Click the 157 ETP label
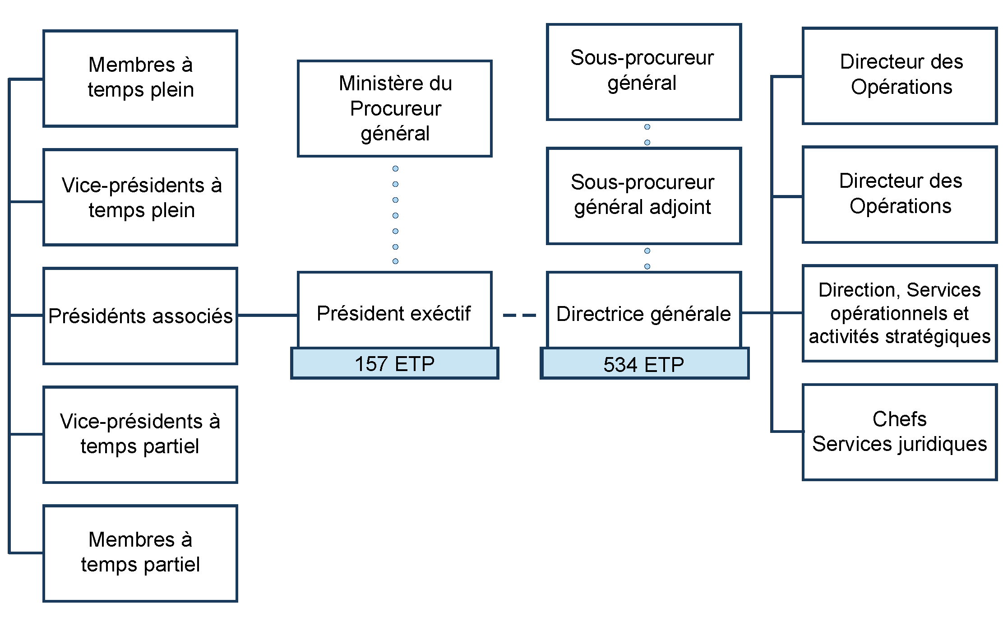(x=394, y=363)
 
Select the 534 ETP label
(x=644, y=364)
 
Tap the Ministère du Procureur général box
(x=394, y=108)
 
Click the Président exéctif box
(x=394, y=311)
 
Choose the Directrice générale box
(x=644, y=311)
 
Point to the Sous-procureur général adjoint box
(x=644, y=195)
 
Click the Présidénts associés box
(x=140, y=316)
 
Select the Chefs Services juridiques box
(x=899, y=432)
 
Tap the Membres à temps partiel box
(x=140, y=553)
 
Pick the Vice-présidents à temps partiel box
(x=140, y=434)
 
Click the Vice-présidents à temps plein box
(x=140, y=197)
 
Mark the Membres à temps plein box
(x=140, y=78)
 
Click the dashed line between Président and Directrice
(x=519, y=315)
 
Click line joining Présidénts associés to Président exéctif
(x=267, y=315)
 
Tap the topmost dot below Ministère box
(x=395, y=168)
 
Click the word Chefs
(x=899, y=419)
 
